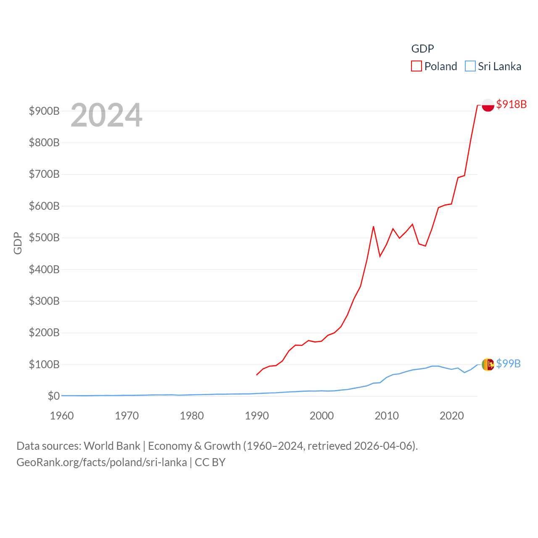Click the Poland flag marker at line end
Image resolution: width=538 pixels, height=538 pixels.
[x=488, y=105]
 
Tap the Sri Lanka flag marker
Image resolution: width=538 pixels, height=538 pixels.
[x=488, y=364]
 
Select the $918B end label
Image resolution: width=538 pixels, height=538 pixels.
[x=511, y=104]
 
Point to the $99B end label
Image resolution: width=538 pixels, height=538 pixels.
[x=508, y=364]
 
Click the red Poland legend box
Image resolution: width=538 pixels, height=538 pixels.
[x=416, y=66]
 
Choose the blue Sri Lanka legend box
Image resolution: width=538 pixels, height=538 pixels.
[x=470, y=66]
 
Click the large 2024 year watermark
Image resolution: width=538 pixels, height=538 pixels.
[x=106, y=115]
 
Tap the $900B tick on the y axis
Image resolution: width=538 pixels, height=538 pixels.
[x=44, y=111]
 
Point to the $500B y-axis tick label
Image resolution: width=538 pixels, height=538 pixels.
[x=44, y=237]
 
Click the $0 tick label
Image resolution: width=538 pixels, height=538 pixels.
[x=53, y=396]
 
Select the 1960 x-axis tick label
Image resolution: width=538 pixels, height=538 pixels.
[x=62, y=416]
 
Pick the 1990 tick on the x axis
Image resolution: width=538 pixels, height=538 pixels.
[x=257, y=416]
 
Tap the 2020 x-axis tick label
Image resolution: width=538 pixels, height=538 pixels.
[x=451, y=416]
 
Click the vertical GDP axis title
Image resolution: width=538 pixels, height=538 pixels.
[x=18, y=243]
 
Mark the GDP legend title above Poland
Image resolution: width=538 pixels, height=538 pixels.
[x=422, y=49]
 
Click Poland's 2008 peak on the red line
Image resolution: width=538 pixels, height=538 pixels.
[x=373, y=227]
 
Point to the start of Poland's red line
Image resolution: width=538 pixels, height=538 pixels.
[x=256, y=374]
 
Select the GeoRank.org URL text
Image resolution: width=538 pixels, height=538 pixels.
[x=102, y=462]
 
